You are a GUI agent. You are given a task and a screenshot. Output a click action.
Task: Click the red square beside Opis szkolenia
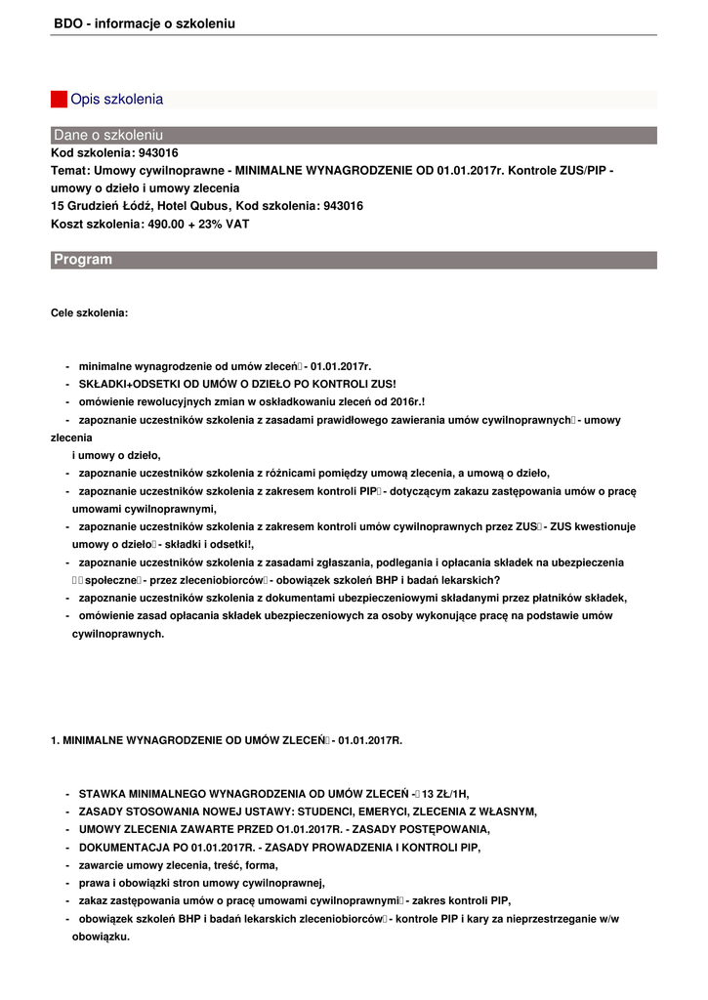click(x=59, y=99)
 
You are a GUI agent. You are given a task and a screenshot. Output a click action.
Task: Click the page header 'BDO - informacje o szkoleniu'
click(x=144, y=22)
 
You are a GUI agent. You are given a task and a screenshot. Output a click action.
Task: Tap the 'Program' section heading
click(x=83, y=260)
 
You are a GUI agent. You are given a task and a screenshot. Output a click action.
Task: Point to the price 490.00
click(x=171, y=224)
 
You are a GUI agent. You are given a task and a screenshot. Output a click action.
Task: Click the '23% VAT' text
click(x=224, y=224)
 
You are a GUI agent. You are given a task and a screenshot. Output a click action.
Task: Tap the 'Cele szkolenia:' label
click(x=89, y=313)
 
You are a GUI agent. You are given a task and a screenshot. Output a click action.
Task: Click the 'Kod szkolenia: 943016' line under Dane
click(x=114, y=153)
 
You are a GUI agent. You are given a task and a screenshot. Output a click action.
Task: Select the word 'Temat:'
click(x=70, y=171)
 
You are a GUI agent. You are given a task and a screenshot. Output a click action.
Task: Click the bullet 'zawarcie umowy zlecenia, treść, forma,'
click(x=179, y=864)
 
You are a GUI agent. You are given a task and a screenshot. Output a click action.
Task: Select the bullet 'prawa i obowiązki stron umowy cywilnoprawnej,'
click(x=195, y=882)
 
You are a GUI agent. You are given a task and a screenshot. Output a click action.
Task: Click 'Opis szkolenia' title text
click(x=116, y=99)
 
